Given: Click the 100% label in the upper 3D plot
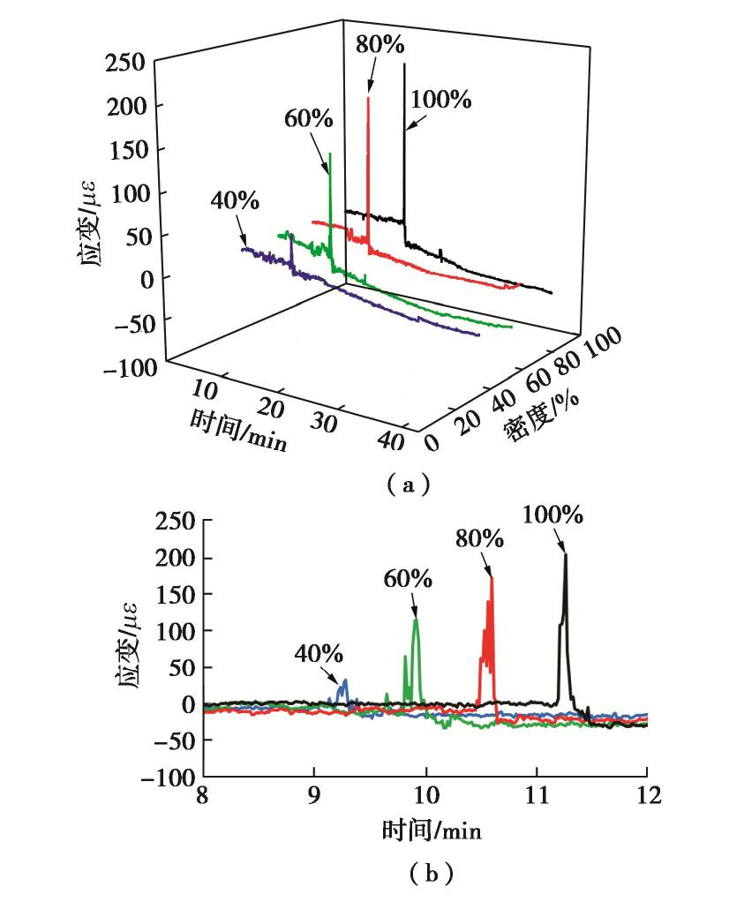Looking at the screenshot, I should pyautogui.click(x=440, y=100).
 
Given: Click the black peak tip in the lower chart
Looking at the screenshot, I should pyautogui.click(x=566, y=554).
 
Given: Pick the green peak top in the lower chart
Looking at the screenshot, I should pyautogui.click(x=416, y=620).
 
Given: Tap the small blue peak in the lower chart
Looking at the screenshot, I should pyautogui.click(x=345, y=680).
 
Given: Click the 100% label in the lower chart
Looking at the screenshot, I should pyautogui.click(x=552, y=515).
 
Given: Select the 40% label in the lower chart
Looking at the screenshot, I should pyautogui.click(x=319, y=654).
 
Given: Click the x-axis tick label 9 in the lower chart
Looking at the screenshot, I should pyautogui.click(x=313, y=795).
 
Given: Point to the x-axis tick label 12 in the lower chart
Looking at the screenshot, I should pyautogui.click(x=647, y=795).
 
